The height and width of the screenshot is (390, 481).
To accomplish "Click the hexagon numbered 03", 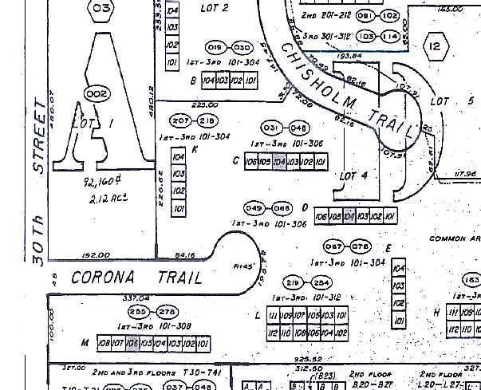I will click(101, 10).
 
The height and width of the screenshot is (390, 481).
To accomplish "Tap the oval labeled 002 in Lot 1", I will click(96, 94).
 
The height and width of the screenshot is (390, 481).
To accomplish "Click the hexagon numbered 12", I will click(435, 46).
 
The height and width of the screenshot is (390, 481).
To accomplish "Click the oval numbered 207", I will click(181, 120).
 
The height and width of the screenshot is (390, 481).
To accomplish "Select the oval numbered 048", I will click(298, 128).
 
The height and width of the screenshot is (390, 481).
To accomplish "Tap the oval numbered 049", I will click(254, 208).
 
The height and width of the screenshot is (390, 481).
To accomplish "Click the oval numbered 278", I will click(167, 312).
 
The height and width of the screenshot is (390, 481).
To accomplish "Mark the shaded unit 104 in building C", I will click(279, 162).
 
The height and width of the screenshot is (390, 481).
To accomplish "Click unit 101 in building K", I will click(179, 209).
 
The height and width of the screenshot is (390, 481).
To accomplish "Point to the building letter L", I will click(258, 316).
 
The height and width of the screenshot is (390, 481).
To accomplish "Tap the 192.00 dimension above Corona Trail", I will click(96, 255).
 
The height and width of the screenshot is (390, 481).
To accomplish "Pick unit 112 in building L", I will click(273, 333).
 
